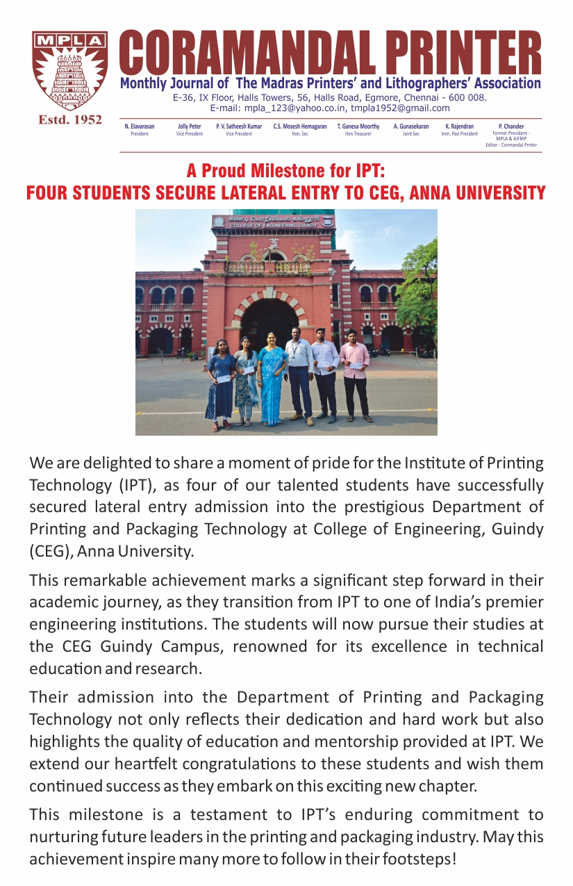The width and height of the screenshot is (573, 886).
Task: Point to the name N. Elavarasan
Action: point(140,126)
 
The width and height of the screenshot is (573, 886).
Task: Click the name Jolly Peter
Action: point(190,126)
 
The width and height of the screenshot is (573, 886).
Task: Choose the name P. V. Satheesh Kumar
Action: point(239,126)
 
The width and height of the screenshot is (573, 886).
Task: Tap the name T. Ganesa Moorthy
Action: point(358,126)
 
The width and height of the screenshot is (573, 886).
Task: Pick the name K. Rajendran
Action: point(459,126)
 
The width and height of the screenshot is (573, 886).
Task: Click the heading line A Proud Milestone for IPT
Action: point(285,171)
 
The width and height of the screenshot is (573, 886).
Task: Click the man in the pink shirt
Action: point(355,372)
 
